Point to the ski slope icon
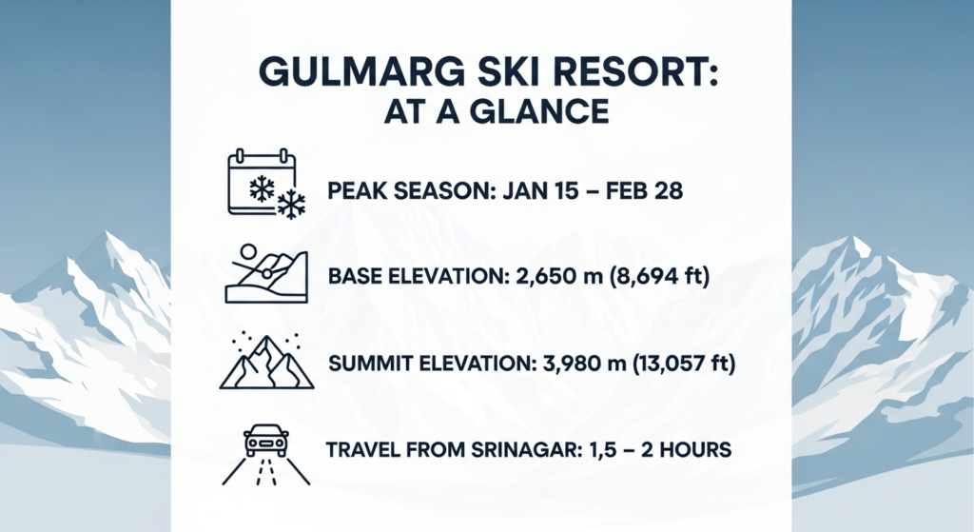click(x=266, y=274)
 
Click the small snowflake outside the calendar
click(x=290, y=204)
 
